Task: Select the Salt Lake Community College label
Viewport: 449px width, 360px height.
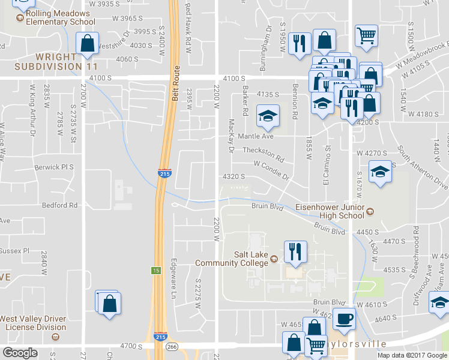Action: coord(251,258)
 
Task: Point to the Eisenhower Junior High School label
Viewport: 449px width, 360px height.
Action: coord(330,211)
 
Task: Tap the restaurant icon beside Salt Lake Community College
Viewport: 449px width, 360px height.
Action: coord(294,252)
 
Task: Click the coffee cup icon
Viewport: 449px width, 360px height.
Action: coord(344,319)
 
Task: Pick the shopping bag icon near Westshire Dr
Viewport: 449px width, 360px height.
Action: coord(88,44)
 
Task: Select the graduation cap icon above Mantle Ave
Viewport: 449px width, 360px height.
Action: coord(268,116)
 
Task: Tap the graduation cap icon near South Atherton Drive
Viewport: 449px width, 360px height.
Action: coord(379,172)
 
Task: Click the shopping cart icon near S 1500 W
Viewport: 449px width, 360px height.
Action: coord(366,34)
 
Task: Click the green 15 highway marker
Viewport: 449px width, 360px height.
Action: coord(155,271)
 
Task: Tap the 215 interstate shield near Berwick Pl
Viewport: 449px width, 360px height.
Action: coord(164,173)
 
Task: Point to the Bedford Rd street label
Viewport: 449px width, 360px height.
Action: coord(60,205)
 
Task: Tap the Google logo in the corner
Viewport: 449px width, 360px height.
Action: coord(20,353)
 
